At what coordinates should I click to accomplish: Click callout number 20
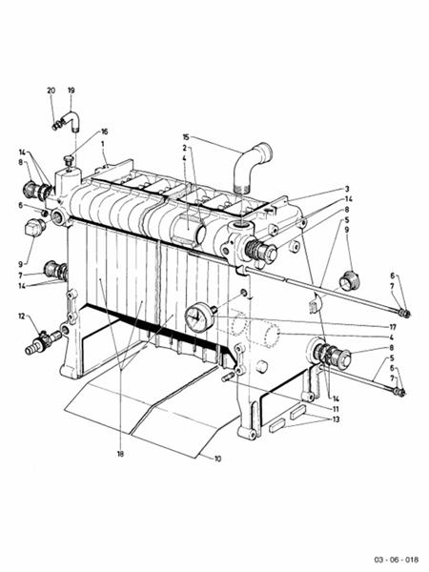[x=51, y=91]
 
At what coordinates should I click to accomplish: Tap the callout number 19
[x=71, y=91]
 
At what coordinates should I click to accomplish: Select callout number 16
[x=105, y=132]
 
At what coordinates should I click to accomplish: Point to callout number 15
[x=187, y=136]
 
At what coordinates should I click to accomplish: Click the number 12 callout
[x=22, y=316]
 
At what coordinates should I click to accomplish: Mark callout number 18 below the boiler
[x=121, y=454]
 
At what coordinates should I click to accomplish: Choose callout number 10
[x=217, y=459]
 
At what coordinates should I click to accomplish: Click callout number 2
[x=184, y=148]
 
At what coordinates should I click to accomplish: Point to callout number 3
[x=347, y=189]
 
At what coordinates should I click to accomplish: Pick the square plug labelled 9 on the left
[x=35, y=228]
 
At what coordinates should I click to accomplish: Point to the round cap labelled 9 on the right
[x=349, y=281]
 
